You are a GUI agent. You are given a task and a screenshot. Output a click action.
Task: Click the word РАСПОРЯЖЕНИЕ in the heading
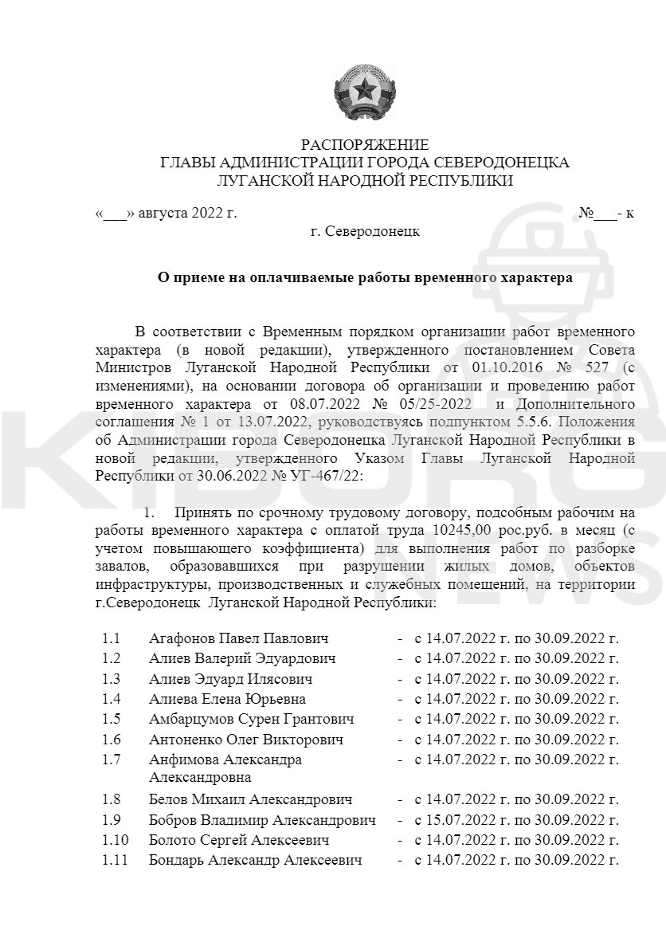364,145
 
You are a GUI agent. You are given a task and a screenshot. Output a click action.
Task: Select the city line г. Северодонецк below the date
364,231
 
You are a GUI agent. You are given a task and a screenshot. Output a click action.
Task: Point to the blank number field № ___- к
605,214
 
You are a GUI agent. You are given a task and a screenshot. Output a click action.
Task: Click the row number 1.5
111,719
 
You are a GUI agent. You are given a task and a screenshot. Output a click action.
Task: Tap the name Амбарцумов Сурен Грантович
252,719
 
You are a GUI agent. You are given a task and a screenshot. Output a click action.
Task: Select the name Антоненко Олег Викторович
246,740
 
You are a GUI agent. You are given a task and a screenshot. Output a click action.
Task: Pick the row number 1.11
115,860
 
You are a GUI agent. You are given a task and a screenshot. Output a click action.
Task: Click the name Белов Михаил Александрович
250,799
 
